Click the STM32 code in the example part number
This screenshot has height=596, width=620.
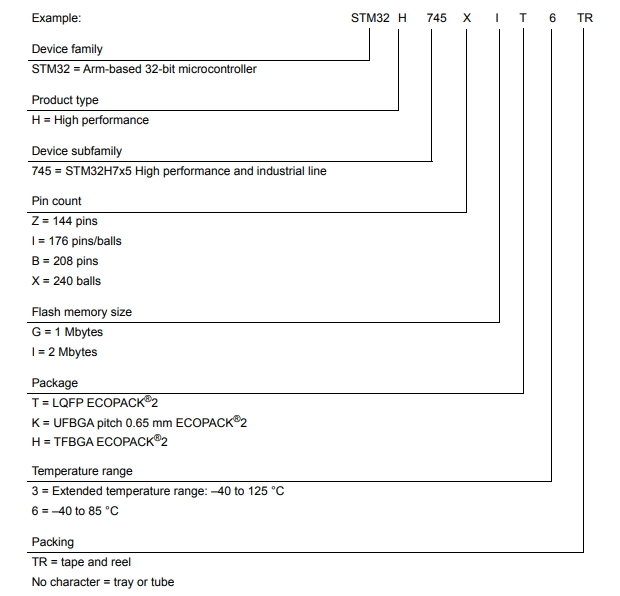[x=370, y=18]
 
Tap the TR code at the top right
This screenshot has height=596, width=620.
[x=585, y=18]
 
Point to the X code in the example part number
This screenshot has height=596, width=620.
[x=466, y=18]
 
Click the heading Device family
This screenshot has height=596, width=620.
[x=67, y=49]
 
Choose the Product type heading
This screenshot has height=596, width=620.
[x=65, y=100]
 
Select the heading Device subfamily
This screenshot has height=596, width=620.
[x=77, y=151]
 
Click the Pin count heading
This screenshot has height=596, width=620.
[x=57, y=201]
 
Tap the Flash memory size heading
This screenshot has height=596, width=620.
[x=82, y=312]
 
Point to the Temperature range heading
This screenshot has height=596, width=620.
[x=82, y=471]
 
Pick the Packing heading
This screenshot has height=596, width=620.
[x=53, y=542]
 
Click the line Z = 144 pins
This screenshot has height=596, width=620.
[x=65, y=221]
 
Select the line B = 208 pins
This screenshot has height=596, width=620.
[x=65, y=261]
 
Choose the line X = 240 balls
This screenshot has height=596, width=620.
[x=67, y=281]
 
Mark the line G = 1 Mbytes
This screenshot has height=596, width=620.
[x=68, y=332]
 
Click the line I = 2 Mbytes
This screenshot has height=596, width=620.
[x=65, y=352]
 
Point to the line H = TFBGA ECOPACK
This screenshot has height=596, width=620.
[x=99, y=443]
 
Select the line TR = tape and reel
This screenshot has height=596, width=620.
[x=81, y=562]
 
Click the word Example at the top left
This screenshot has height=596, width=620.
[x=57, y=18]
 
